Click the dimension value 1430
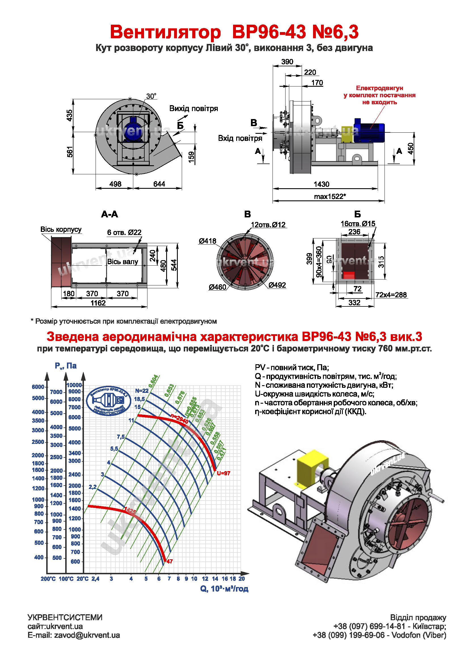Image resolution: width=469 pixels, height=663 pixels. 321,184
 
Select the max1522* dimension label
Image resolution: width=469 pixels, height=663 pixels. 330,197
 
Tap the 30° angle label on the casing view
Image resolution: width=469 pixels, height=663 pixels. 151,96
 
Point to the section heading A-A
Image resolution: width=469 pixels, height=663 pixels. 109,214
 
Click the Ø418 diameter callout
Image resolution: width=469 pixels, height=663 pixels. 207,241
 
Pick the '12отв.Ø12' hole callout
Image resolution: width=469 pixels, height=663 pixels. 268,225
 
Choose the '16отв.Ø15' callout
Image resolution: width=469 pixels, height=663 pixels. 358,223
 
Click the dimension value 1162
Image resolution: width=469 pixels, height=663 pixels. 98,303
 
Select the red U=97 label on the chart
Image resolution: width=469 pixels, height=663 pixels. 223,473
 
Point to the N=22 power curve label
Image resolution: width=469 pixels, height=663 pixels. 141,391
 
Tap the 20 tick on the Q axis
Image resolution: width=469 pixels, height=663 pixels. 242,579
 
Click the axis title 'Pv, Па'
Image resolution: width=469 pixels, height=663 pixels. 66,366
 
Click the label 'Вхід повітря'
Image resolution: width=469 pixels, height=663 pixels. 240,138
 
